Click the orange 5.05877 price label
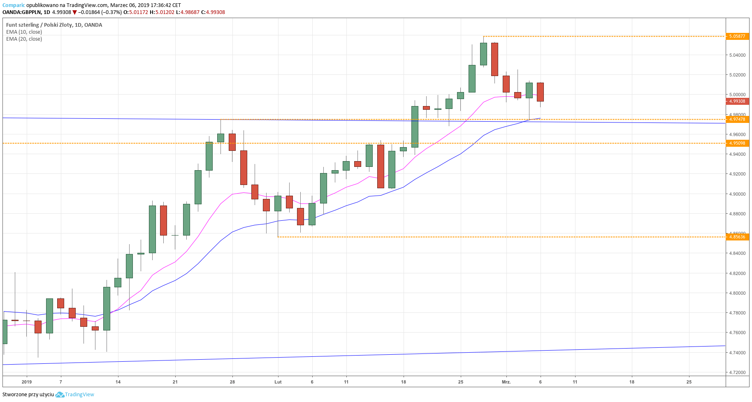click(737, 36)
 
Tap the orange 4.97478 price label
click(737, 119)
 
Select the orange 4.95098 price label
click(737, 143)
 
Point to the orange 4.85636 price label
click(737, 237)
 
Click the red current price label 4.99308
click(737, 101)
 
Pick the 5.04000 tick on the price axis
click(737, 55)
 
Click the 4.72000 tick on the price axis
click(737, 372)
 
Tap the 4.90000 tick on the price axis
click(737, 194)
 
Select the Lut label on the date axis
click(278, 382)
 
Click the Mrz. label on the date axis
click(506, 382)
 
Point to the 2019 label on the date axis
click(27, 382)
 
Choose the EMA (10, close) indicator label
click(24, 32)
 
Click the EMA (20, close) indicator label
click(24, 39)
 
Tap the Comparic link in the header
click(14, 5)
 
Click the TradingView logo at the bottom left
click(75, 395)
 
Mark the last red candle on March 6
click(540, 92)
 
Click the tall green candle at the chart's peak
click(483, 54)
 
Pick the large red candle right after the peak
click(494, 59)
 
